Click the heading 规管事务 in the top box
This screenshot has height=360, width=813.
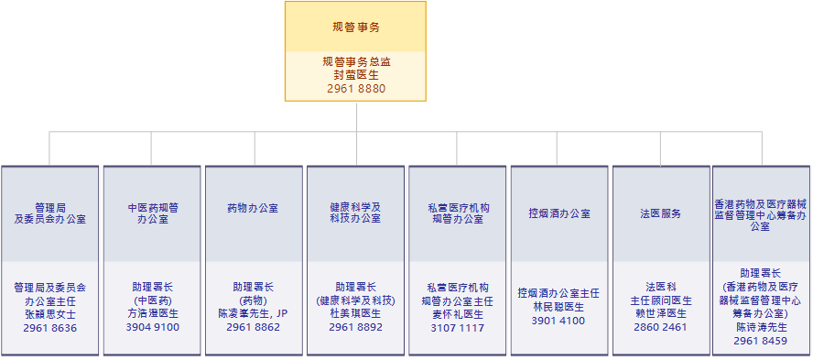pyautogui.click(x=355, y=27)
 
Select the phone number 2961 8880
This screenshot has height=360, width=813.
pyautogui.click(x=355, y=89)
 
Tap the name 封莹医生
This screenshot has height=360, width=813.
pyautogui.click(x=355, y=75)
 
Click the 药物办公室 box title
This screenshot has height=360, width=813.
pyautogui.click(x=253, y=208)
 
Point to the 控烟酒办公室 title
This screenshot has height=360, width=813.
pyautogui.click(x=559, y=213)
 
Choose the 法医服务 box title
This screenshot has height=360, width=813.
pyautogui.click(x=660, y=213)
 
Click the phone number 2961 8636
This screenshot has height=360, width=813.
pyautogui.click(x=50, y=327)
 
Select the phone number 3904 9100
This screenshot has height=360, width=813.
pyautogui.click(x=152, y=327)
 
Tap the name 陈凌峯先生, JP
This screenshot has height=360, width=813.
pyautogui.click(x=253, y=313)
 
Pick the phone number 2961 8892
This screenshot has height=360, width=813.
pyautogui.click(x=355, y=327)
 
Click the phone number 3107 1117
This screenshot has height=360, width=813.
pyautogui.click(x=457, y=327)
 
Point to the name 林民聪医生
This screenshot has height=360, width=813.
pyautogui.click(x=558, y=307)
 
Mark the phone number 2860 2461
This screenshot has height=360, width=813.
pyautogui.click(x=660, y=327)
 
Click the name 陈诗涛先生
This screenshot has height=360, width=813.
pyautogui.click(x=761, y=327)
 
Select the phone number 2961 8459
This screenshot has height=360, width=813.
pyautogui.click(x=761, y=341)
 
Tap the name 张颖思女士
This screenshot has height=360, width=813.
pyautogui.click(x=50, y=313)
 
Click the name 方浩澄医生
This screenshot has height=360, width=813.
pyautogui.click(x=152, y=313)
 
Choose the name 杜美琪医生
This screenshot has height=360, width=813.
pyautogui.click(x=355, y=313)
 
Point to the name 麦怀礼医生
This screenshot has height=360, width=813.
pyautogui.click(x=457, y=313)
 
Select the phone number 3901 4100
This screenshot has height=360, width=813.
pyautogui.click(x=558, y=321)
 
